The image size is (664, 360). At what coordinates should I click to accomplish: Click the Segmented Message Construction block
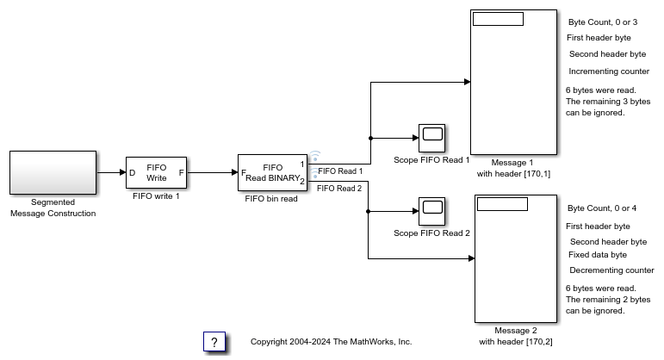pyautogui.click(x=53, y=172)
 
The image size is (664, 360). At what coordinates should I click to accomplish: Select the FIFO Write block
pyautogui.click(x=156, y=172)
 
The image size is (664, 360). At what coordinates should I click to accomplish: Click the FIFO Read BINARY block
pyautogui.click(x=272, y=172)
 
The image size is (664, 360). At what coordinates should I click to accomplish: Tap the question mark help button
pyautogui.click(x=214, y=342)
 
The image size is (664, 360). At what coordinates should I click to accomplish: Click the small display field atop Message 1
pyautogui.click(x=498, y=19)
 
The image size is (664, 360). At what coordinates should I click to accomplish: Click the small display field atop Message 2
pyautogui.click(x=501, y=204)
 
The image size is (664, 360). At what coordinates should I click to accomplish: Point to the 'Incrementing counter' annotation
pyautogui.click(x=609, y=71)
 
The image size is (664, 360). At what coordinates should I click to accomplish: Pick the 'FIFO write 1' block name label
pyautogui.click(x=156, y=196)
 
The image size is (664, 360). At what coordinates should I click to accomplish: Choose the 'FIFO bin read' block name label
pyautogui.click(x=272, y=199)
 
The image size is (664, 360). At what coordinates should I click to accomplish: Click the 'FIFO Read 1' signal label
pyautogui.click(x=340, y=171)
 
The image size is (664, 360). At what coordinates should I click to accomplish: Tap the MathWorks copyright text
pyautogui.click(x=331, y=342)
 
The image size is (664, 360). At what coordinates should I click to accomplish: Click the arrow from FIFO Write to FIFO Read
pyautogui.click(x=212, y=172)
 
